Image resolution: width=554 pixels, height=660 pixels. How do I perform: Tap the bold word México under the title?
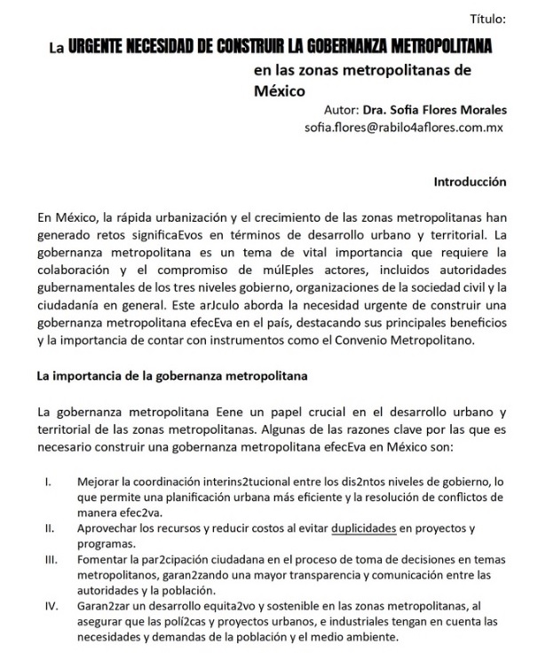click(279, 90)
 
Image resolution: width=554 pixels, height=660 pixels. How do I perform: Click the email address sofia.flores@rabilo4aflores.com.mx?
click(404, 128)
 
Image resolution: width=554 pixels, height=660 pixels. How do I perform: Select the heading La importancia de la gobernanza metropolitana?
click(172, 375)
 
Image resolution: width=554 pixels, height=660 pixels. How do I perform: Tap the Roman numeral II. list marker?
click(48, 529)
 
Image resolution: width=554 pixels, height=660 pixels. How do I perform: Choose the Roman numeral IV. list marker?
click(49, 608)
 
